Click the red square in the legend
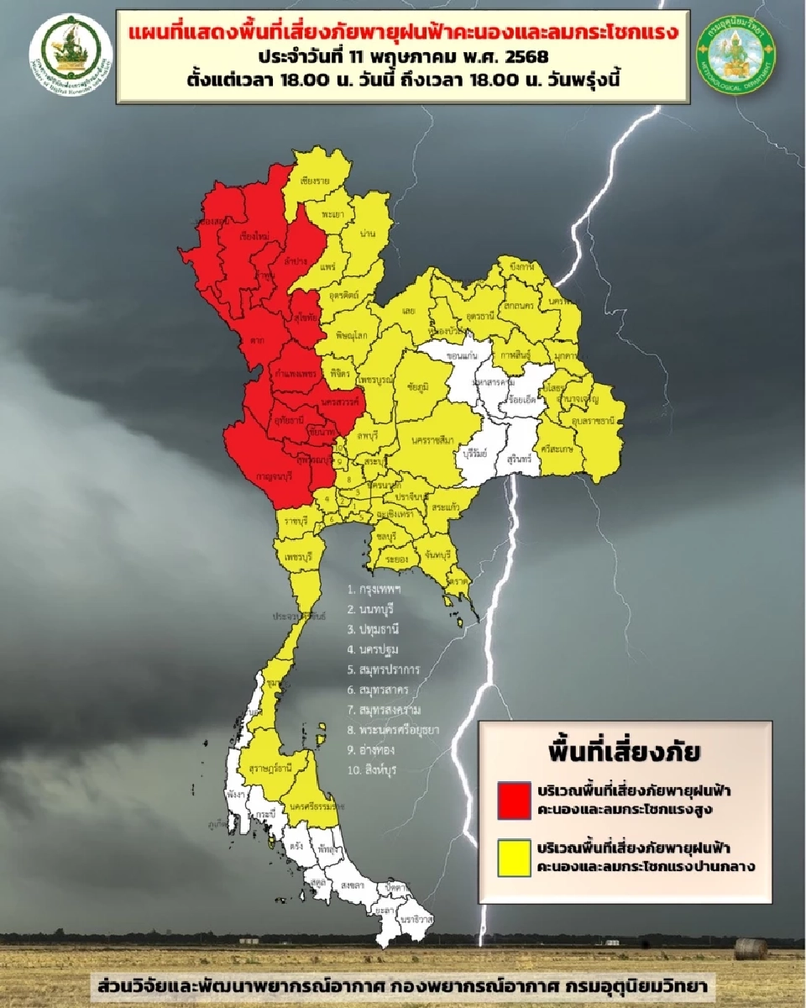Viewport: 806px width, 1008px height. pyautogui.click(x=513, y=801)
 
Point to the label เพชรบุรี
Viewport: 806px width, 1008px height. pyautogui.click(x=294, y=558)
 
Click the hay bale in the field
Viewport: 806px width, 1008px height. pyautogui.click(x=750, y=949)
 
